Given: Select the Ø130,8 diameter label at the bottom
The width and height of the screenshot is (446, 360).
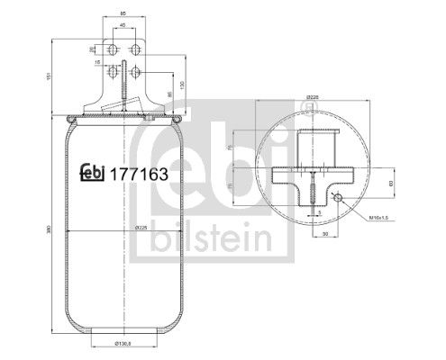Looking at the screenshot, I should click(123, 345).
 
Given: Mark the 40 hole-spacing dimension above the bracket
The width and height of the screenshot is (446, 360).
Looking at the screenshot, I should click(123, 26).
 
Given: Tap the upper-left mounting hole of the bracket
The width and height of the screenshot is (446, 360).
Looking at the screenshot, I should click(113, 49).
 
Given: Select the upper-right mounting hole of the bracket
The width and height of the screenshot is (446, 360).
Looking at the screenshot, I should click(134, 49).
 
